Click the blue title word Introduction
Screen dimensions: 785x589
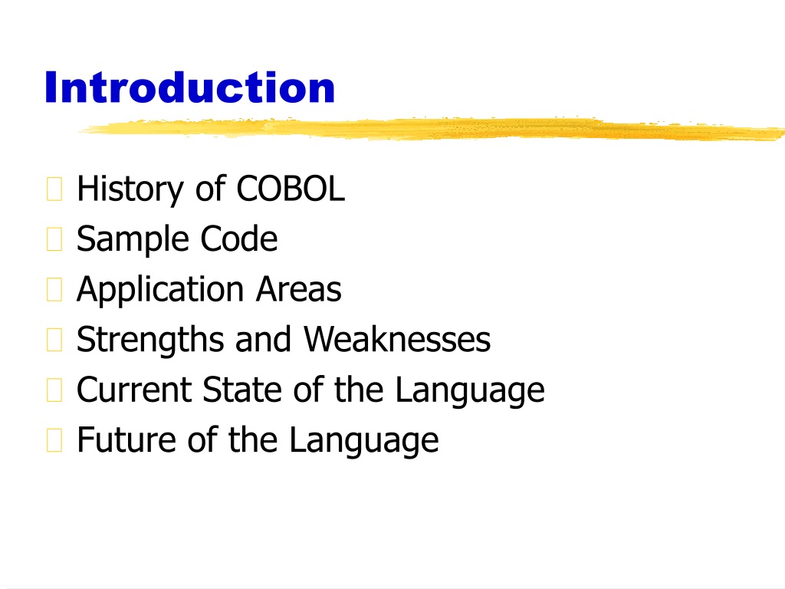pos(190,87)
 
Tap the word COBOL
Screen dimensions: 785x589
pos(291,189)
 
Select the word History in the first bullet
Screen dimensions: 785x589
pos(130,190)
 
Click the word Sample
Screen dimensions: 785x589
pos(132,240)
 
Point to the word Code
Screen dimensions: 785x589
pos(239,239)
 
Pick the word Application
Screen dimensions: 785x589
pos(160,290)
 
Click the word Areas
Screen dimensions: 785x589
pos(299,289)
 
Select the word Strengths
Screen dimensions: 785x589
pos(149,340)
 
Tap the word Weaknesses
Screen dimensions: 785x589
pos(398,339)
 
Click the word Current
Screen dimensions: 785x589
pos(134,389)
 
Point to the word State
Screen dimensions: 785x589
pos(242,389)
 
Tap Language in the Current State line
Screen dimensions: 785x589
pos(470,390)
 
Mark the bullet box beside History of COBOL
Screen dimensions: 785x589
pos(54,189)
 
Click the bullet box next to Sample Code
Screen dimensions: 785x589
pos(54,239)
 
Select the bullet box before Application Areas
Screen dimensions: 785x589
pos(54,289)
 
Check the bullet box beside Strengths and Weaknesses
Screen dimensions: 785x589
pos(54,340)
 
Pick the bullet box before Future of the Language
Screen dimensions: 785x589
pos(54,440)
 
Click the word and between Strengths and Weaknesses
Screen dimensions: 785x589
pos(264,339)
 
